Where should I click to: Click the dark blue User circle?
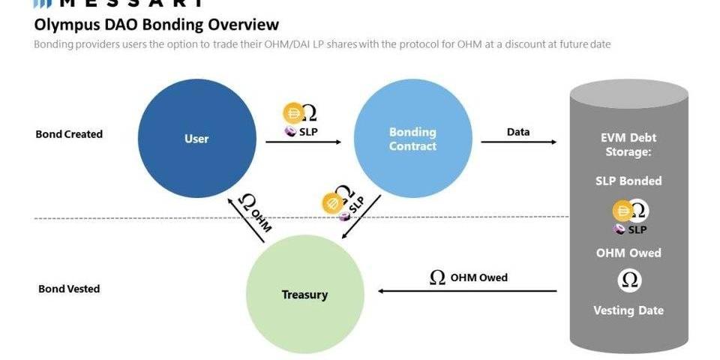(196, 139)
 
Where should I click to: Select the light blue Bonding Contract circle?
(412, 139)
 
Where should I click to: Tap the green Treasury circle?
(305, 295)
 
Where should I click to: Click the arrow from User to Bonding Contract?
(303, 140)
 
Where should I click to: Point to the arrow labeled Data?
(518, 140)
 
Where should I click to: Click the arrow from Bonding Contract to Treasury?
(361, 217)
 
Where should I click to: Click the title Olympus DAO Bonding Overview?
(157, 25)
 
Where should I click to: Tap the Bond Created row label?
(69, 134)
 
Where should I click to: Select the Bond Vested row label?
(69, 289)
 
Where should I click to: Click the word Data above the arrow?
(518, 132)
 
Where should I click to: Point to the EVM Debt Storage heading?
(628, 145)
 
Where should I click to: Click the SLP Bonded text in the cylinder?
(628, 181)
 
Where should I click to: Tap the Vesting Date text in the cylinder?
(628, 310)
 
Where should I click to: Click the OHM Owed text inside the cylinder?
(628, 253)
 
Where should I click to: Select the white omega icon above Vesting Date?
(629, 280)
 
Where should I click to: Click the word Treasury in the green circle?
(304, 295)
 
